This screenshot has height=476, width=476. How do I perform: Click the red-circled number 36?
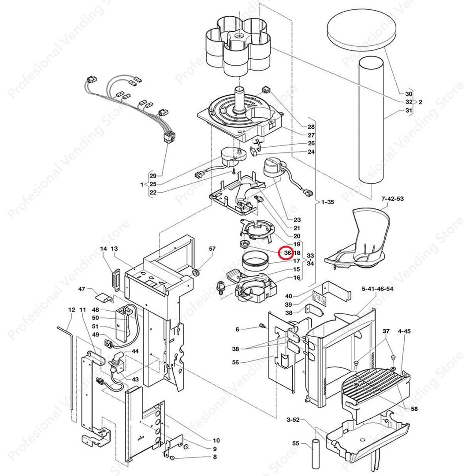(x=287, y=253)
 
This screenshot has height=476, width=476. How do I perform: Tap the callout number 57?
(x=212, y=249)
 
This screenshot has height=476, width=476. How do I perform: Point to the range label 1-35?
(x=327, y=202)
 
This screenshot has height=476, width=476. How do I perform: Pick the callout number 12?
(x=72, y=310)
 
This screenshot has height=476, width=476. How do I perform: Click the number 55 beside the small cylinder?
(x=296, y=443)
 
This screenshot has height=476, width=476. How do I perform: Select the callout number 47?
(x=82, y=289)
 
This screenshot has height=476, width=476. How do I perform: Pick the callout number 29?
(x=153, y=176)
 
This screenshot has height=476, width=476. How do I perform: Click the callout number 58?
(x=414, y=409)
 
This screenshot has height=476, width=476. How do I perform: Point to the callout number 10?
(x=216, y=440)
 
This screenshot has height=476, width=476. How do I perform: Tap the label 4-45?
(x=404, y=331)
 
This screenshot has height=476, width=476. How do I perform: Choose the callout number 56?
(x=236, y=362)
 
